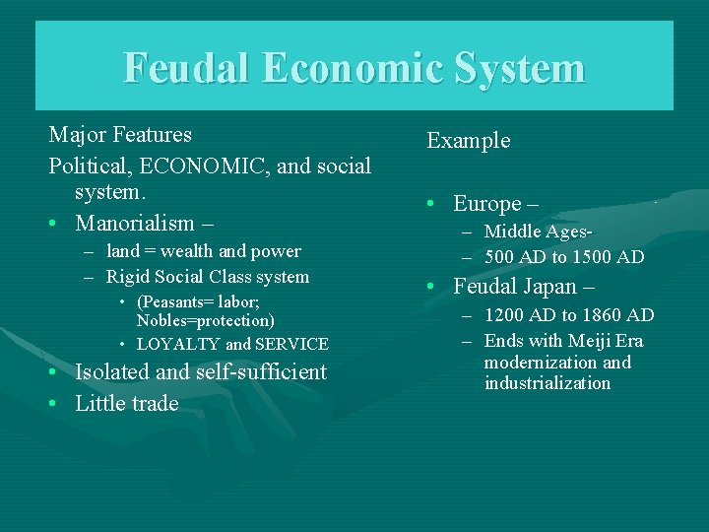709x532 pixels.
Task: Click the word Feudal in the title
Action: click(188, 69)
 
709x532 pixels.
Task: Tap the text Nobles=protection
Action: click(205, 320)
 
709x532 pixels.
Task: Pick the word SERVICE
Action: click(292, 344)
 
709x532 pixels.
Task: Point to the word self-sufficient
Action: click(261, 371)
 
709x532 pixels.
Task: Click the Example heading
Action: click(469, 140)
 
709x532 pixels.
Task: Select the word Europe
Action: click(487, 204)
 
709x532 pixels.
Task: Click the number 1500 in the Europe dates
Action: click(585, 257)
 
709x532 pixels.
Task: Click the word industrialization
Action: click(547, 383)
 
